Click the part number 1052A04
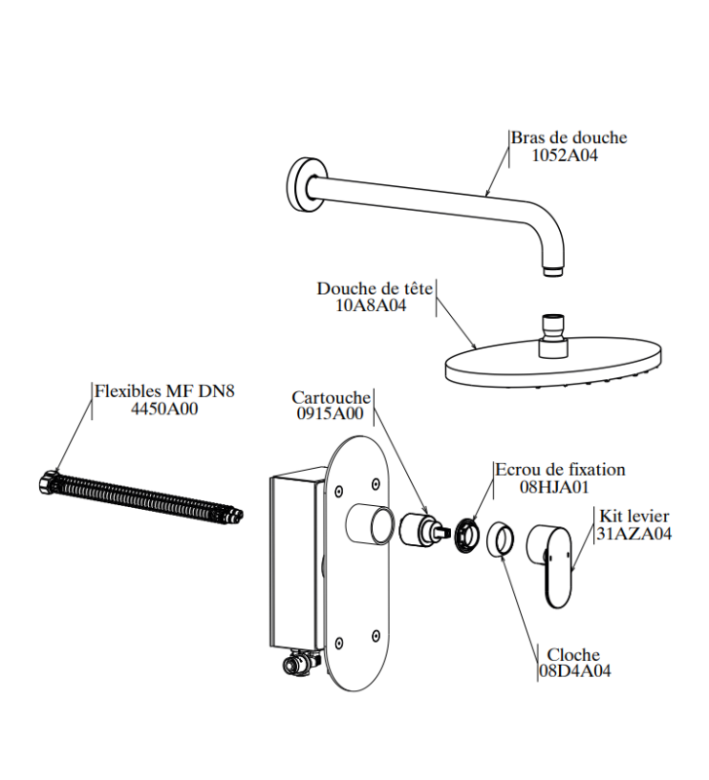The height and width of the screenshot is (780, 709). pos(565,155)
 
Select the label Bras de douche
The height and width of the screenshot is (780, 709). pos(570,137)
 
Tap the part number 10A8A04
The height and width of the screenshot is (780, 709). pos(371,305)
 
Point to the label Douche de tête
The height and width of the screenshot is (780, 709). pos(375,288)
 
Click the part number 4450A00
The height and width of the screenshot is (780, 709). pos(165,409)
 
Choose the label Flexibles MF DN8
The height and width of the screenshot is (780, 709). pos(165,391)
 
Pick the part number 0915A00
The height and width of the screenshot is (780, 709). pos(330,413)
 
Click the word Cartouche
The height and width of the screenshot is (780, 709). pos(331,398)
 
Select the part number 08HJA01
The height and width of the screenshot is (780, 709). pos(554,486)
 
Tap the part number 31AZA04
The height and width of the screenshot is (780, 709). pos(634,533)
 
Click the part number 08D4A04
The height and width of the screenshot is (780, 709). pos(575,671)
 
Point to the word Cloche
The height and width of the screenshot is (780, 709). pos(574,654)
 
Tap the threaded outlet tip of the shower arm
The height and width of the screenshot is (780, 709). pos(554,271)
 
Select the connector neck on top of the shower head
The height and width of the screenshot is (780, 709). pos(554,335)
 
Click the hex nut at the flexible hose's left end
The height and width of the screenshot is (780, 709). pos(47,482)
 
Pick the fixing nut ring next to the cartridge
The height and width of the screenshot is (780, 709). pos(467,535)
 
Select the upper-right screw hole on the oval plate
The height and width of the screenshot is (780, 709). pos(376,484)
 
